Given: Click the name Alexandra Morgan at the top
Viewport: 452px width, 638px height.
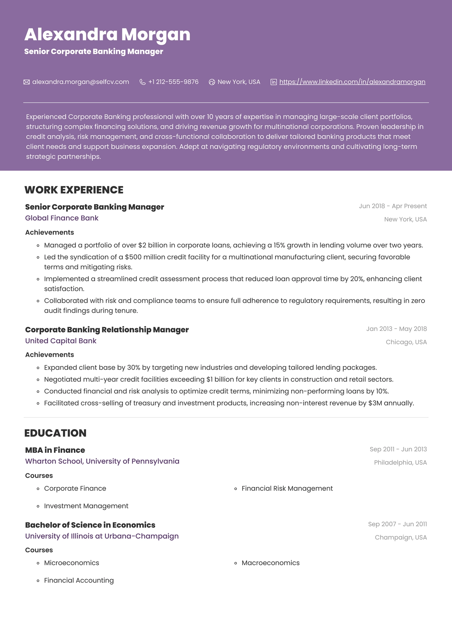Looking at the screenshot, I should click(x=107, y=34).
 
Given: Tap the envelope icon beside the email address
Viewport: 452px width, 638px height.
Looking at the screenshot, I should click(x=27, y=82).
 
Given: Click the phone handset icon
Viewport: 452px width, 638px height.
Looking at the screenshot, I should click(x=143, y=82).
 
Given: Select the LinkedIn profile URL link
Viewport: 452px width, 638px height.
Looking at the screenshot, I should click(x=352, y=82).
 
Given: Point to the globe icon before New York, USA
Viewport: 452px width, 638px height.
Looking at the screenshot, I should click(x=212, y=82).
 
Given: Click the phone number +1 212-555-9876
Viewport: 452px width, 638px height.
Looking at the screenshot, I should click(x=173, y=82).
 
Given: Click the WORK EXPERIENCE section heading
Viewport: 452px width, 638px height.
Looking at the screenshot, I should click(x=74, y=190).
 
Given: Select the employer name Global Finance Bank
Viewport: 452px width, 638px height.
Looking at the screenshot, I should click(x=62, y=218).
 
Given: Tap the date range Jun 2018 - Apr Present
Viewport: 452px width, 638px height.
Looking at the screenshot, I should click(x=393, y=206).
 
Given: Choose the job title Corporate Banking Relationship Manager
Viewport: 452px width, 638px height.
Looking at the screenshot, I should click(x=107, y=330).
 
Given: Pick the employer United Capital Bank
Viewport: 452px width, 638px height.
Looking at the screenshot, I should click(x=61, y=341).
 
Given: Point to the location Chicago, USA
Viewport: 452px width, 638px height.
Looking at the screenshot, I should click(x=406, y=342).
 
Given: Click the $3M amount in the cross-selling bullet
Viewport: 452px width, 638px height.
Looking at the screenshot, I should click(x=375, y=403).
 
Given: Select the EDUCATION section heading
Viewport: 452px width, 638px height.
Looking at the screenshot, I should click(x=55, y=433).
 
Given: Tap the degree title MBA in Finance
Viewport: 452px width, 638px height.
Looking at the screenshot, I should click(x=55, y=450).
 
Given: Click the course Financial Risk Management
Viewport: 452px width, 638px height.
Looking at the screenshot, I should click(x=287, y=488).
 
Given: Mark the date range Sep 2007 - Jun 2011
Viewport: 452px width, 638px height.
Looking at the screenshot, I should click(x=397, y=524).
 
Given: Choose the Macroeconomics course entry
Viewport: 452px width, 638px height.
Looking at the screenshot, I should click(x=271, y=563).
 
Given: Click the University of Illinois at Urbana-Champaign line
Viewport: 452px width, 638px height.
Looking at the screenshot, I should click(x=102, y=536).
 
